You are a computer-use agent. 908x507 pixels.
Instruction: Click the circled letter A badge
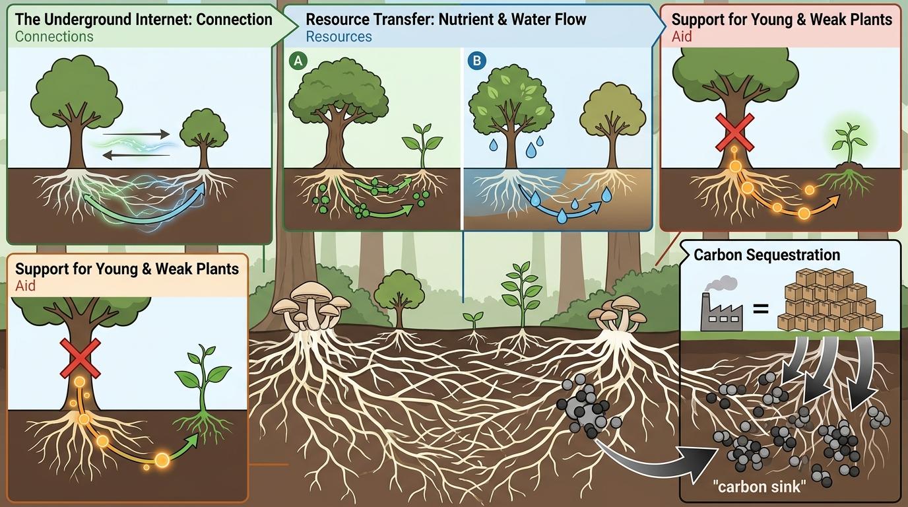(x=298, y=61)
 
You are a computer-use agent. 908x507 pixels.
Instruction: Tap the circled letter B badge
(x=476, y=61)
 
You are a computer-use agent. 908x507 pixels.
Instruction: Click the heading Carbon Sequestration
(x=767, y=255)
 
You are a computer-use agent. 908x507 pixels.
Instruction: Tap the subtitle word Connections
(x=54, y=36)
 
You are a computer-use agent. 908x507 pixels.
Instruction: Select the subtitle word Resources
(x=339, y=36)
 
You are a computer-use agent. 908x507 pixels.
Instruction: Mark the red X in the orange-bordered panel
(x=81, y=359)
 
